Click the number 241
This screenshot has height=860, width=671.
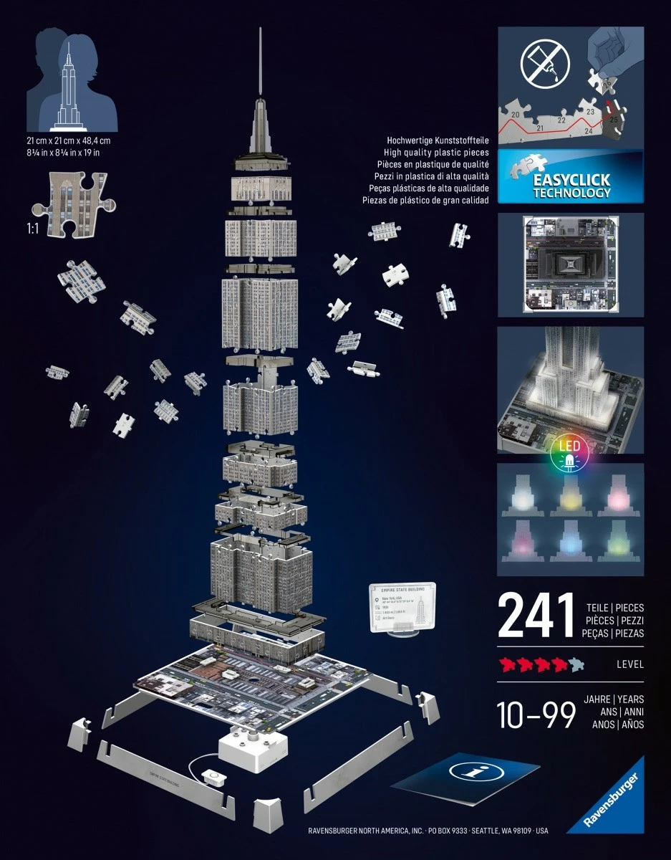[536, 615]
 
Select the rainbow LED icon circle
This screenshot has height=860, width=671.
[569, 453]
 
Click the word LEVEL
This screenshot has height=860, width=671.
[629, 664]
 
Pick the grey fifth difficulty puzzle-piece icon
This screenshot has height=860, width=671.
[576, 664]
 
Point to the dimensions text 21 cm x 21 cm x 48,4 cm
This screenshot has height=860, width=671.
[68, 141]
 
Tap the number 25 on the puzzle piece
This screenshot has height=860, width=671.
[613, 120]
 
